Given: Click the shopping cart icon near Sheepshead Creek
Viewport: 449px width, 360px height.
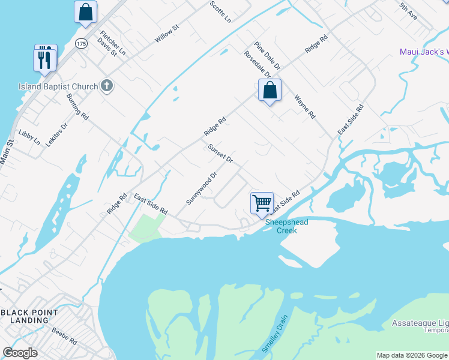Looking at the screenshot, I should tap(262, 203).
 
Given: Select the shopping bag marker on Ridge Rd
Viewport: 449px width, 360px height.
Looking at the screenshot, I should tap(270, 91).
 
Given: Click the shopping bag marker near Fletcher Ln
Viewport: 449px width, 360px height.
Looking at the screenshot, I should tap(86, 12).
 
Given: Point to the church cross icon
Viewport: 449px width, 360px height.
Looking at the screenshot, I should tap(106, 86).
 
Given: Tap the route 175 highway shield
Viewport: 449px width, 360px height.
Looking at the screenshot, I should tap(82, 44).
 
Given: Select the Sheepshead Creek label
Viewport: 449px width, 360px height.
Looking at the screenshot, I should tap(287, 226).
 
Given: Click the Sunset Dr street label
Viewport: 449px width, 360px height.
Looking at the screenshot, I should tap(220, 154).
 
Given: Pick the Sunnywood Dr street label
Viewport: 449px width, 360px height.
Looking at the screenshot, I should tap(201, 188).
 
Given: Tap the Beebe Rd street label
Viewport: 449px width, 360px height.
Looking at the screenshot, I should tap(64, 335).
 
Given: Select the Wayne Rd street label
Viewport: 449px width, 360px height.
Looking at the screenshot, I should tap(304, 106).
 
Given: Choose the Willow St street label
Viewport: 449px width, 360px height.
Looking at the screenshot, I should tap(167, 33).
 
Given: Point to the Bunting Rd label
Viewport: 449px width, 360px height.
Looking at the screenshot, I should tap(77, 106).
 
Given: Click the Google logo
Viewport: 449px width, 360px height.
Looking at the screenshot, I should tap(20, 353).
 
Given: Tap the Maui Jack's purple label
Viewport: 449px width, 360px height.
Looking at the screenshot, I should tap(424, 52).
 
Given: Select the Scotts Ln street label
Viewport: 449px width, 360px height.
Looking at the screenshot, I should tap(220, 11).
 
